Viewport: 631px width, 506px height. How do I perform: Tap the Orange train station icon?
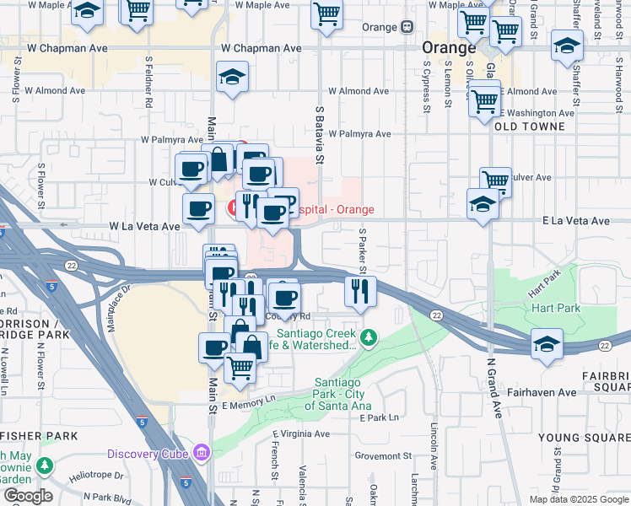[x=407, y=26]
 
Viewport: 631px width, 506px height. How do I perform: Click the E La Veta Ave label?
[x=575, y=221]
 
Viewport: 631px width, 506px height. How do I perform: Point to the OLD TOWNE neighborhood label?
[x=528, y=126]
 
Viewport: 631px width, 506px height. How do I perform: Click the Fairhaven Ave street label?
[x=542, y=392]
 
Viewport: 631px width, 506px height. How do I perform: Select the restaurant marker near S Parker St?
[x=360, y=292]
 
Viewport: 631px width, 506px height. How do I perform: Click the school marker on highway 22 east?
[x=547, y=344]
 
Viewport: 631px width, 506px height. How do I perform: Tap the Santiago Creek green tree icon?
[x=368, y=338]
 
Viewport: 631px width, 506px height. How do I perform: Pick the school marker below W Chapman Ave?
[x=232, y=78]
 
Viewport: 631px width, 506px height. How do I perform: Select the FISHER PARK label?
[x=39, y=436]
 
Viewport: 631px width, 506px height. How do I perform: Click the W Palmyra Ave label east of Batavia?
[x=359, y=133]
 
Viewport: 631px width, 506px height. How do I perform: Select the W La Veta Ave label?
[x=144, y=227]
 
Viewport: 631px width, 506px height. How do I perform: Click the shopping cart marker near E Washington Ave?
[x=484, y=101]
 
